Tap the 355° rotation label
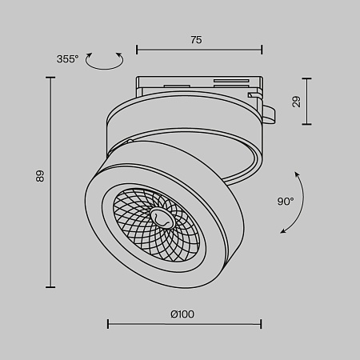(x=67, y=59)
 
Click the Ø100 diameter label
(x=182, y=314)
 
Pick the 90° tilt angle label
(x=286, y=202)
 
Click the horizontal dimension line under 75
(x=199, y=50)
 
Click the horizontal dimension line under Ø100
(x=184, y=324)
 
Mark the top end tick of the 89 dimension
(x=52, y=78)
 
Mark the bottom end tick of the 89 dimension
(x=52, y=287)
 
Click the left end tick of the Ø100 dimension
(x=108, y=324)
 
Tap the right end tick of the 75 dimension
(x=262, y=50)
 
